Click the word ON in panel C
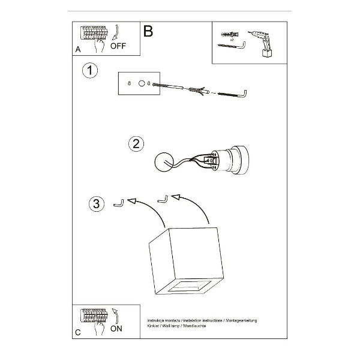pyautogui.click(x=116, y=329)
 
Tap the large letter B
pyautogui.click(x=148, y=31)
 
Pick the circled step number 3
pyautogui.click(x=95, y=203)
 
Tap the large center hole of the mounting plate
pyautogui.click(x=142, y=84)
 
